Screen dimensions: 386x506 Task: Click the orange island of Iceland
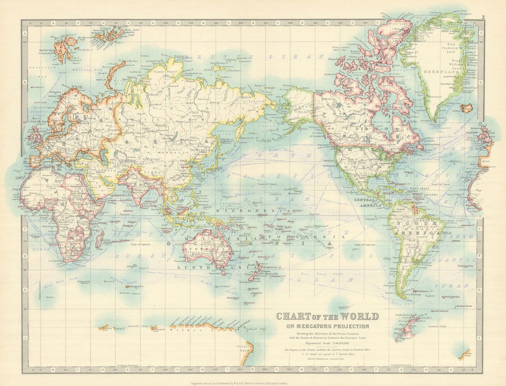[466, 108]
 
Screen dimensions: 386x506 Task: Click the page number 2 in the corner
[483, 17]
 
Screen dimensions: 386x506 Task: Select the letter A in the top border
[29, 22]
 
